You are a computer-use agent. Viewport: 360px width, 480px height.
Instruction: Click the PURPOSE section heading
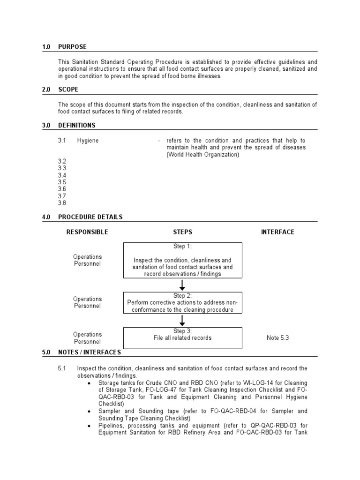tap(72, 47)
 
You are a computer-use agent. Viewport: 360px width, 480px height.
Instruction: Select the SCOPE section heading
tap(68, 89)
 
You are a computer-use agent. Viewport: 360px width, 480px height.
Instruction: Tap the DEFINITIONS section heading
tap(76, 125)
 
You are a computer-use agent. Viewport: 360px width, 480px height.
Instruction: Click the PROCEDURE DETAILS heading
tap(90, 217)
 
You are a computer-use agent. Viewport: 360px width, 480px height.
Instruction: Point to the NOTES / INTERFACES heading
tap(89, 352)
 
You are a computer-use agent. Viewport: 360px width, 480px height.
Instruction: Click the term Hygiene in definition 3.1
tap(88, 141)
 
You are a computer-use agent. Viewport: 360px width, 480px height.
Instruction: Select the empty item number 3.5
tap(62, 182)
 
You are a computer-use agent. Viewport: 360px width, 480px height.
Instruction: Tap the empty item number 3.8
tap(62, 203)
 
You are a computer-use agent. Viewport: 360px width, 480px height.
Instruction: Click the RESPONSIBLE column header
tap(87, 232)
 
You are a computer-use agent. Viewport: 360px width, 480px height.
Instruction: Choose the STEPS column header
tap(182, 232)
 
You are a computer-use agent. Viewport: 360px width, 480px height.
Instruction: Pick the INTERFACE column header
tap(277, 232)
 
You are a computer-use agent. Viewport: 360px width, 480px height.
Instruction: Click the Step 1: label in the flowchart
tap(182, 247)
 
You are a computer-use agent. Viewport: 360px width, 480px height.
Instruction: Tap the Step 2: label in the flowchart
tap(182, 296)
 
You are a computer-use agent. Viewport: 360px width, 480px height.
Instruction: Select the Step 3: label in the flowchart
tap(182, 331)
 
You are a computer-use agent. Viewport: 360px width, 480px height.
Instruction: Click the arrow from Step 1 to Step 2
tap(182, 285)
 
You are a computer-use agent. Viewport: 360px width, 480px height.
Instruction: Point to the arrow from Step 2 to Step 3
tap(182, 321)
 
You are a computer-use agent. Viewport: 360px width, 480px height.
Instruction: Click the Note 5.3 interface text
tap(277, 337)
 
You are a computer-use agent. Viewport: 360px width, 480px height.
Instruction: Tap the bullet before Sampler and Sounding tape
tap(89, 411)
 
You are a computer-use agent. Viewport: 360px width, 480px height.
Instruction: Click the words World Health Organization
tap(203, 155)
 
